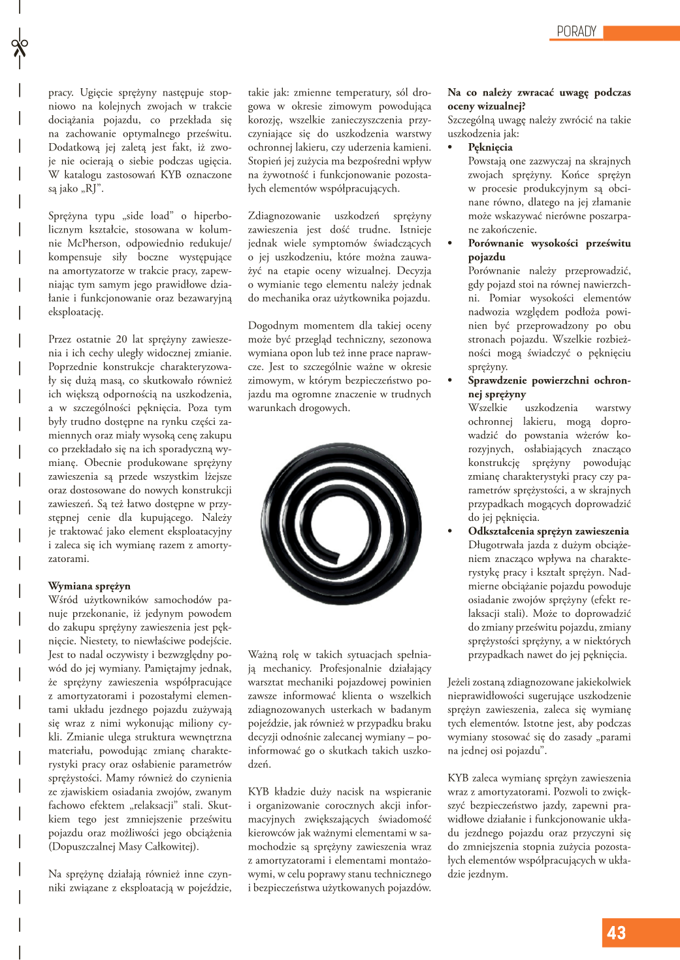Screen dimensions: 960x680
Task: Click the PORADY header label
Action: click(x=576, y=31)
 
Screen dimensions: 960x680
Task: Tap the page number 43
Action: click(x=617, y=933)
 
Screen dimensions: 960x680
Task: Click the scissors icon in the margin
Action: click(x=20, y=48)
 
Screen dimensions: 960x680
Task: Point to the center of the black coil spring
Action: click(x=340, y=515)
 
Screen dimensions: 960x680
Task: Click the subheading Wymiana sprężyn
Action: click(x=89, y=586)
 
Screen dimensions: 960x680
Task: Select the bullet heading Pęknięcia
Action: click(x=490, y=147)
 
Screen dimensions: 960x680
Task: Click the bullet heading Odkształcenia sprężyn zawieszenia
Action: click(x=548, y=531)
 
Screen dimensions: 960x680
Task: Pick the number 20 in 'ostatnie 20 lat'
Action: click(x=121, y=339)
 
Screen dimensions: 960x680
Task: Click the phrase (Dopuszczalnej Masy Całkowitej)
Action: click(x=123, y=846)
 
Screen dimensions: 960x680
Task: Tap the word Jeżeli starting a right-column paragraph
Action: click(x=462, y=682)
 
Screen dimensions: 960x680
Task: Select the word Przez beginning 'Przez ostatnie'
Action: click(x=61, y=339)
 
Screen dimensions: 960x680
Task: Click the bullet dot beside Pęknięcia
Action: click(x=450, y=148)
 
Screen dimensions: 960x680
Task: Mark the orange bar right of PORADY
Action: click(x=641, y=32)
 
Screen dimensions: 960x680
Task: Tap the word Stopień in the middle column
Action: click(x=266, y=161)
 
